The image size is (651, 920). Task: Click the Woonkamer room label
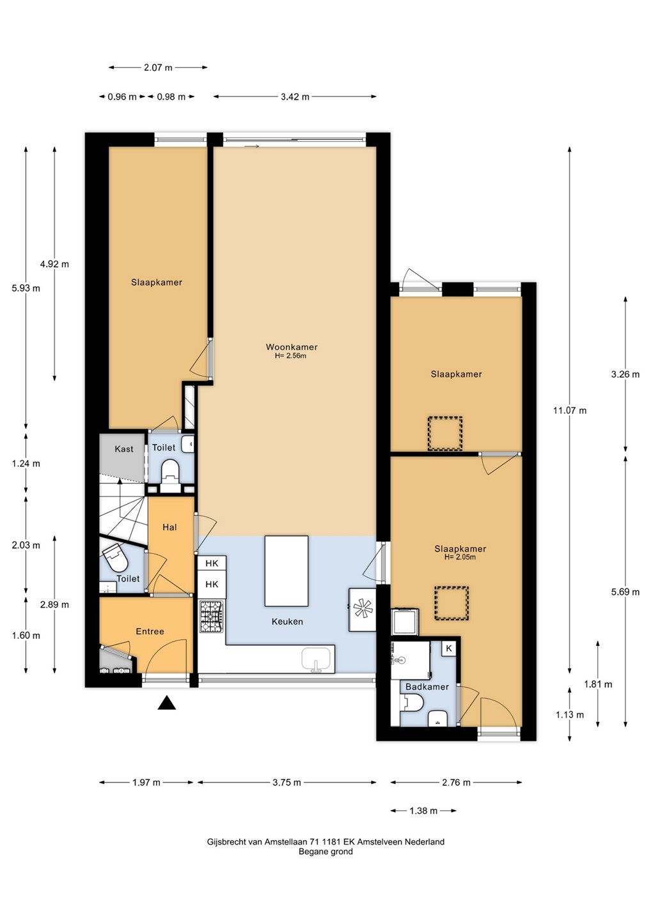click(292, 347)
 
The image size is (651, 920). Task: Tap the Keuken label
click(287, 622)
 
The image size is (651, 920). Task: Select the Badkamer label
click(427, 686)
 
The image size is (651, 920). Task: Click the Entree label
click(150, 631)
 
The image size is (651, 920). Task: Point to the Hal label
click(169, 527)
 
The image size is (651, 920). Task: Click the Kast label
click(123, 449)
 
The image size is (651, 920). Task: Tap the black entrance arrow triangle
click(167, 703)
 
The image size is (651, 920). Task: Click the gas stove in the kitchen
click(211, 616)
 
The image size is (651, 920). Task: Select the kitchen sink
click(316, 659)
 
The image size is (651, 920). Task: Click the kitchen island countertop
click(286, 571)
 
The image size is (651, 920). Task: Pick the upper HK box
click(212, 563)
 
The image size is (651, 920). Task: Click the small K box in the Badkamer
click(449, 648)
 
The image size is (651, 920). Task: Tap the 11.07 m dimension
click(570, 410)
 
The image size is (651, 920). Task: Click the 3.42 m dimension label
click(295, 97)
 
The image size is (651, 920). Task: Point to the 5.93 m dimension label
click(26, 288)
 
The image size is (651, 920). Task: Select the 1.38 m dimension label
click(423, 811)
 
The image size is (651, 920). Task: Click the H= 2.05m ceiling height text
click(460, 557)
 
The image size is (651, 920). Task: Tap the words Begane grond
click(325, 852)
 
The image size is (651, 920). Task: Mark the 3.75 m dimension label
click(287, 783)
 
